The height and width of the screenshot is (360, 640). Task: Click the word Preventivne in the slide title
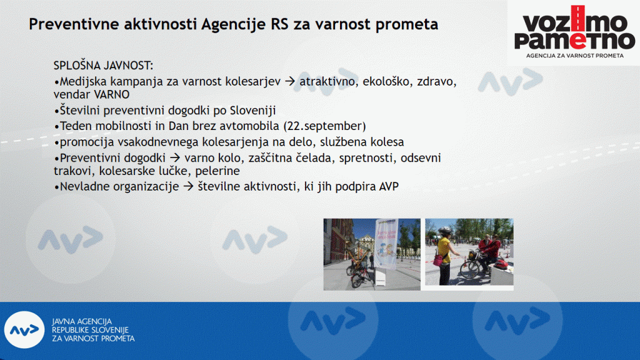pos(73,24)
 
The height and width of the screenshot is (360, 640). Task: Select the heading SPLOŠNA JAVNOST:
pos(103,65)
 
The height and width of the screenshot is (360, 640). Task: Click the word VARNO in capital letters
pos(111,94)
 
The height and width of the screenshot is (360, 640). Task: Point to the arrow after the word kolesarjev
pos(290,81)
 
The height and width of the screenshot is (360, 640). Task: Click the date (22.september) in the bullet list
pos(324,126)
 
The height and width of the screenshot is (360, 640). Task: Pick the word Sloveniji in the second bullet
pos(253,110)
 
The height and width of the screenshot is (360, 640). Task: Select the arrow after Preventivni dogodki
pos(175,157)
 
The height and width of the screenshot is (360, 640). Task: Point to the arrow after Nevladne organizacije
pos(188,186)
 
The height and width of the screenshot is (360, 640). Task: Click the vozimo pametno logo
pos(574,27)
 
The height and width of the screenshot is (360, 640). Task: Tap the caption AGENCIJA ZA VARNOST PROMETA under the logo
pos(575,56)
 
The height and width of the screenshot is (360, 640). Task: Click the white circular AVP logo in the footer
pos(24,330)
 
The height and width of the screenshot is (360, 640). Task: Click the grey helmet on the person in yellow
pos(445,231)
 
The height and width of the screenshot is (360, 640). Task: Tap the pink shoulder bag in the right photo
pos(439,259)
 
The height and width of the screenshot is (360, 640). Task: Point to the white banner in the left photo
pos(386,245)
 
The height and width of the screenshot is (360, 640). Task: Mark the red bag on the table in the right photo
pos(502,264)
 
